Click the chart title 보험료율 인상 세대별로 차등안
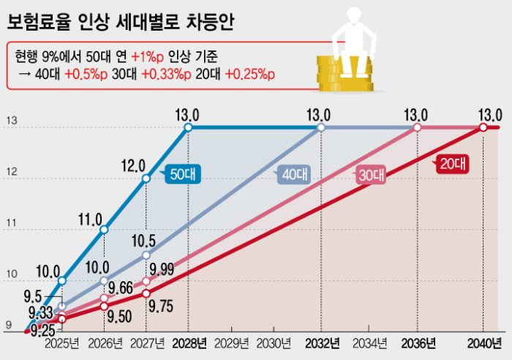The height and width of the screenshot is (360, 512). coord(120,23)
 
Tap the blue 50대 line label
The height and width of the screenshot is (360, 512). coord(183,175)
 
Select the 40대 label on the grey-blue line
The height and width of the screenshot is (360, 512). coord(295,175)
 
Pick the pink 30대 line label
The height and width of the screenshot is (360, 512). coord(372,176)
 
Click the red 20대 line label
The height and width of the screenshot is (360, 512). coord(452,165)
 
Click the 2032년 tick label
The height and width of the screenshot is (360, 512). coord(322,343)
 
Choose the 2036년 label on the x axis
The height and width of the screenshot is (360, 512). coord(418,343)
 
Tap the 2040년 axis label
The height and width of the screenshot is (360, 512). coord(483,343)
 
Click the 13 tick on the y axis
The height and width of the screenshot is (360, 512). coord(11,121)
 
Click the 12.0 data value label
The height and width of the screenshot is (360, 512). coord(132,165)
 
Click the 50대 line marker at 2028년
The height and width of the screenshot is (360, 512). coord(188,127)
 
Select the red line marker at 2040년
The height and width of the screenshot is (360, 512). coord(483,127)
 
